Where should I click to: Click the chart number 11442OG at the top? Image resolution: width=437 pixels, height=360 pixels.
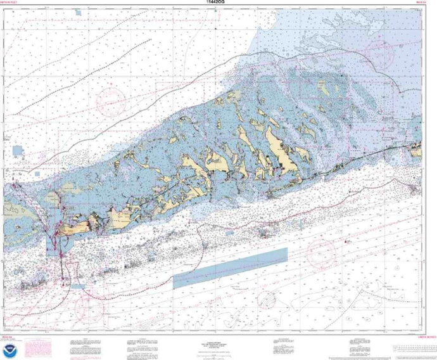pos(218,4)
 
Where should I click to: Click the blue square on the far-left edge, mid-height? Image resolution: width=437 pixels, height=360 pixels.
pos(16,152)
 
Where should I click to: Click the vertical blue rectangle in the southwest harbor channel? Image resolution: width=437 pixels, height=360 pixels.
pos(51,244)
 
